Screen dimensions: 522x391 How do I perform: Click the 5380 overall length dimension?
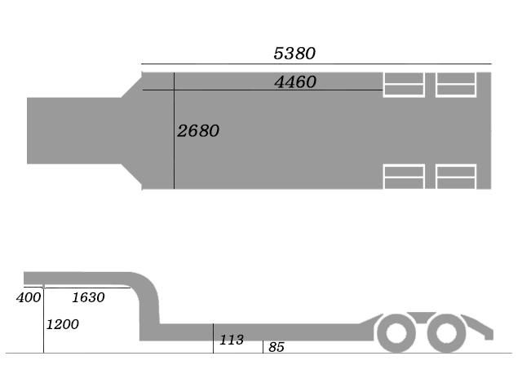pyautogui.click(x=294, y=54)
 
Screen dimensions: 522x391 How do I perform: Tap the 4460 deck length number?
pyautogui.click(x=295, y=82)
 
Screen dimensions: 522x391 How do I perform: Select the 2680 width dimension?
pyautogui.click(x=198, y=130)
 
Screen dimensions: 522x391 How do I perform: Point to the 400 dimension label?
pyautogui.click(x=29, y=297)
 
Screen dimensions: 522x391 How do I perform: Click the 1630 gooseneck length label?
pyautogui.click(x=89, y=297)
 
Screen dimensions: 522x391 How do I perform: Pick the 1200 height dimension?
pyautogui.click(x=63, y=324)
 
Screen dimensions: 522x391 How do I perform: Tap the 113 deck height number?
pyautogui.click(x=232, y=340)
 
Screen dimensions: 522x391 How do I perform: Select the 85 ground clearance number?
pyautogui.click(x=276, y=347)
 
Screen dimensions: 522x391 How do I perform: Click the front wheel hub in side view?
pyautogui.click(x=396, y=333)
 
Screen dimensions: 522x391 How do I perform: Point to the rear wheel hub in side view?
pyautogui.click(x=446, y=333)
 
